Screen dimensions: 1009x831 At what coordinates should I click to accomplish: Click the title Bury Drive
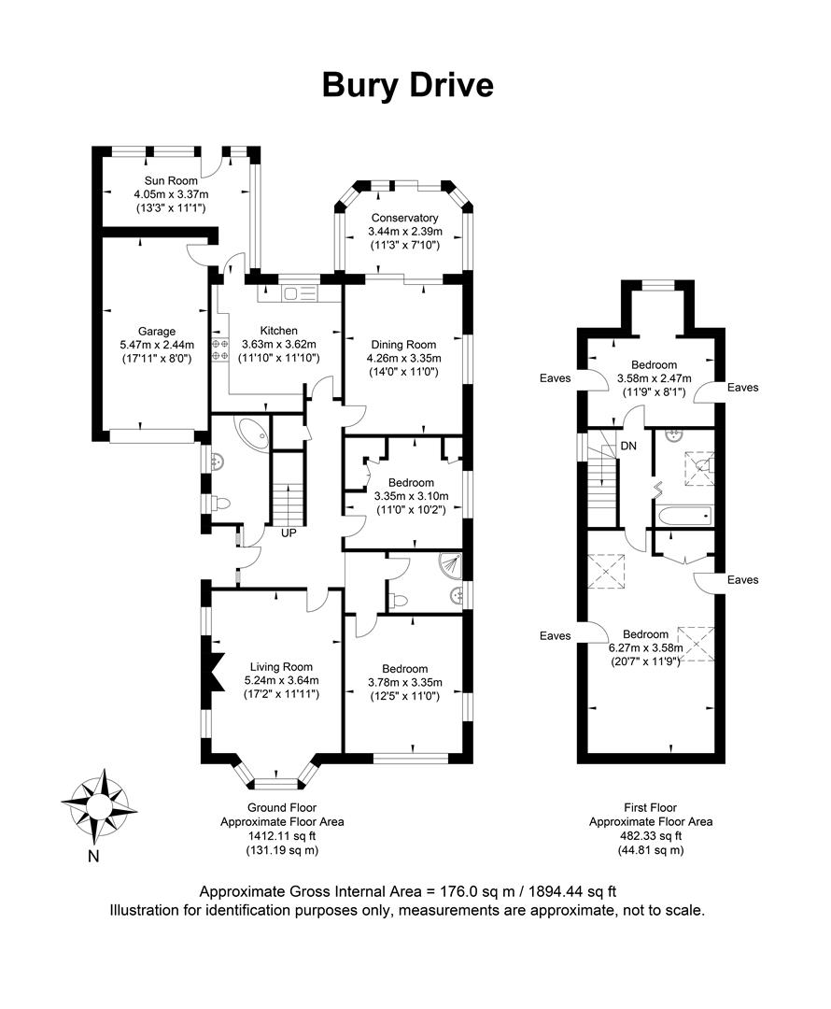pyautogui.click(x=408, y=85)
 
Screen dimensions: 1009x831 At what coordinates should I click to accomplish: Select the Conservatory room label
pyautogui.click(x=403, y=219)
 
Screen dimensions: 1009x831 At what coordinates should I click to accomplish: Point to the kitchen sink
pyautogui.click(x=301, y=294)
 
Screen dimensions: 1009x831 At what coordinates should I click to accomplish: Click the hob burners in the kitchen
pyautogui.click(x=220, y=349)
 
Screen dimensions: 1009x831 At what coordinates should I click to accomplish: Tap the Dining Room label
pyautogui.click(x=403, y=344)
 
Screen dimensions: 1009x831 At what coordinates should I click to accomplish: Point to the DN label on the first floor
pyautogui.click(x=629, y=446)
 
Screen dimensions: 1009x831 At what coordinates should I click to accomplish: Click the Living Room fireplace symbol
pyautogui.click(x=214, y=671)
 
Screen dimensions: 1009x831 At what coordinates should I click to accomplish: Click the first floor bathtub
pyautogui.click(x=683, y=515)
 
